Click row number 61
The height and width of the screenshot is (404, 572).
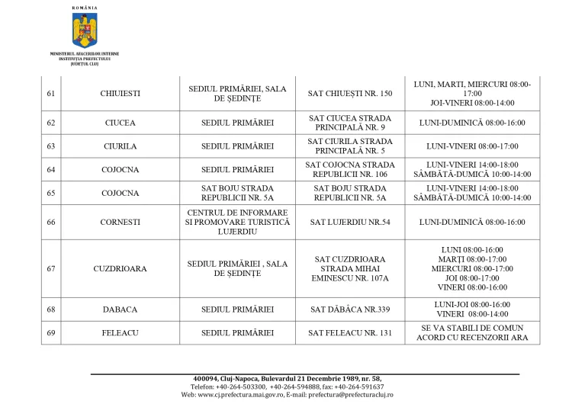pos(51,93)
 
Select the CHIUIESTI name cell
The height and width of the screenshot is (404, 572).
pos(121,93)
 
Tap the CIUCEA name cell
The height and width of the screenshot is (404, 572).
pos(121,123)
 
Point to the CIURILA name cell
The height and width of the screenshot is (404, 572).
pos(121,146)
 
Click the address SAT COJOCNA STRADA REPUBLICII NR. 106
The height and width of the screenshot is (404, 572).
pos(350,169)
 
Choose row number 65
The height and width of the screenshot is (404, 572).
pos(51,193)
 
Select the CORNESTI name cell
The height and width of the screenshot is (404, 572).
pos(121,222)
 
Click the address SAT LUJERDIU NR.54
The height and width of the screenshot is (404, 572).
pos(350,222)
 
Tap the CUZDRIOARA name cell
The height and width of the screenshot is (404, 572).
pos(121,268)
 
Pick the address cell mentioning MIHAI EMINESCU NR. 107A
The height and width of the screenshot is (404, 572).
pos(350,268)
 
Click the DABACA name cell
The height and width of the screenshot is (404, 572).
pos(121,309)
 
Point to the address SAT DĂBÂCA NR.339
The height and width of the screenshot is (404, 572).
pos(350,309)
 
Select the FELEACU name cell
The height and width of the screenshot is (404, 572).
pos(121,332)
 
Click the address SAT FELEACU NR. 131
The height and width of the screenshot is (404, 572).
pos(350,332)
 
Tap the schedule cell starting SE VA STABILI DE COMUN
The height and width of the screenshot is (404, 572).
pos(473,332)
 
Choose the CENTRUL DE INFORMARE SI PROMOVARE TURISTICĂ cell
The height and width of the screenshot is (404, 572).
pos(236,222)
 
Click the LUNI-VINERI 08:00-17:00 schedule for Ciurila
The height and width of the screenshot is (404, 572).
pos(473,146)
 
